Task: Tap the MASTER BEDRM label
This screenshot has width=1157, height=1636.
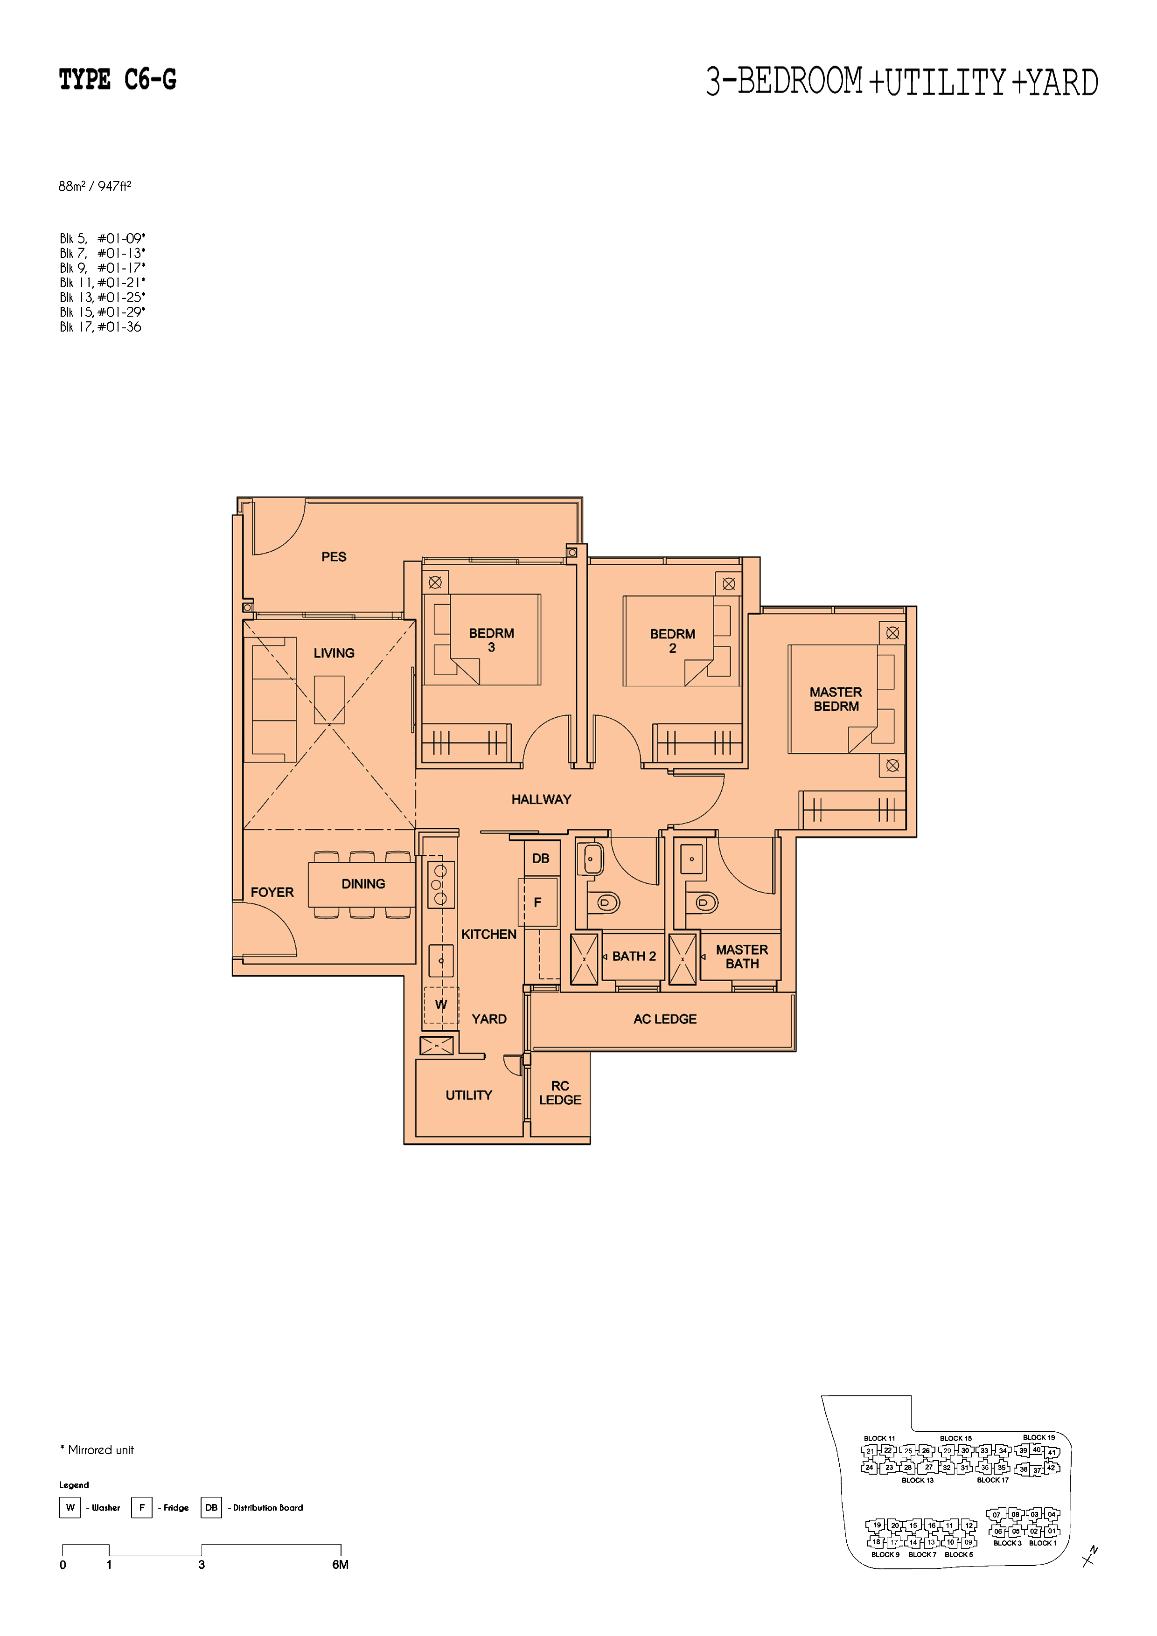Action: click(x=836, y=699)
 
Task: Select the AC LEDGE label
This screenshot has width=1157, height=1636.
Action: click(x=665, y=1019)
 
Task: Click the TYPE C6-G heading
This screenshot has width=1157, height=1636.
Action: click(x=118, y=79)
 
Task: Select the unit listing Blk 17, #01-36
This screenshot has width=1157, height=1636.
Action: click(x=100, y=327)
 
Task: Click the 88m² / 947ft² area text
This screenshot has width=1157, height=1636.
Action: click(x=95, y=187)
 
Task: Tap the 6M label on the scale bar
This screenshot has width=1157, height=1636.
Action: click(x=340, y=1565)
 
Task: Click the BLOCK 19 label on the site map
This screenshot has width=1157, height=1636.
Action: click(x=1039, y=1437)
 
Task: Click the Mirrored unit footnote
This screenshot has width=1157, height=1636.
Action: click(x=97, y=1450)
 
